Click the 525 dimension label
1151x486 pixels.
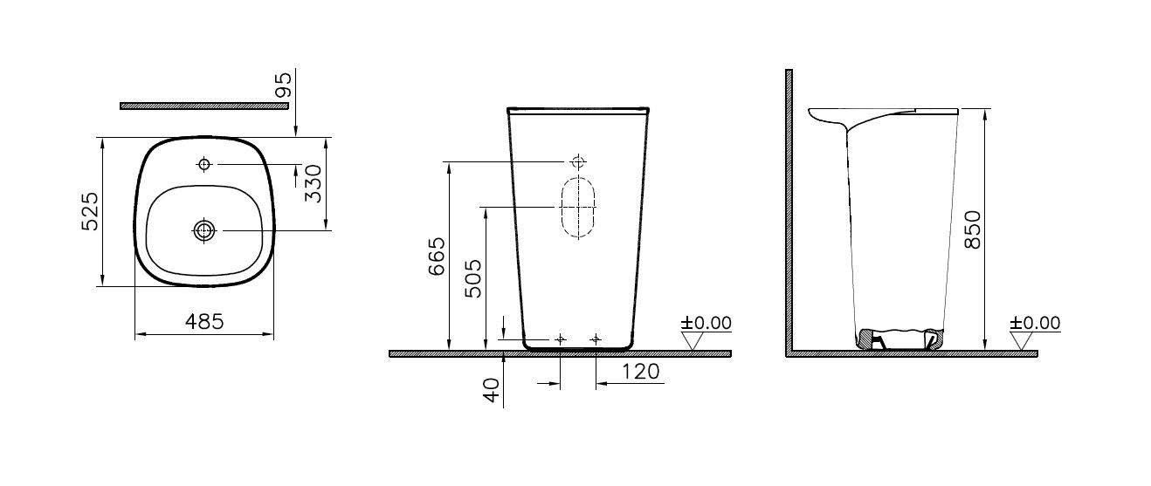(91, 211)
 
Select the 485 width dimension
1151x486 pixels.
(204, 322)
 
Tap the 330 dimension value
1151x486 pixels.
(313, 183)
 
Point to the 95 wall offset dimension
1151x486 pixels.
(284, 85)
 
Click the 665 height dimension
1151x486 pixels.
(437, 257)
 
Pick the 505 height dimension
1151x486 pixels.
(473, 278)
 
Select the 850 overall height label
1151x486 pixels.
(973, 230)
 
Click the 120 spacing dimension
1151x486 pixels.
(641, 372)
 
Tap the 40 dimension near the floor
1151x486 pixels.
(492, 390)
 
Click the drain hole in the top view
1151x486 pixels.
(204, 230)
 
